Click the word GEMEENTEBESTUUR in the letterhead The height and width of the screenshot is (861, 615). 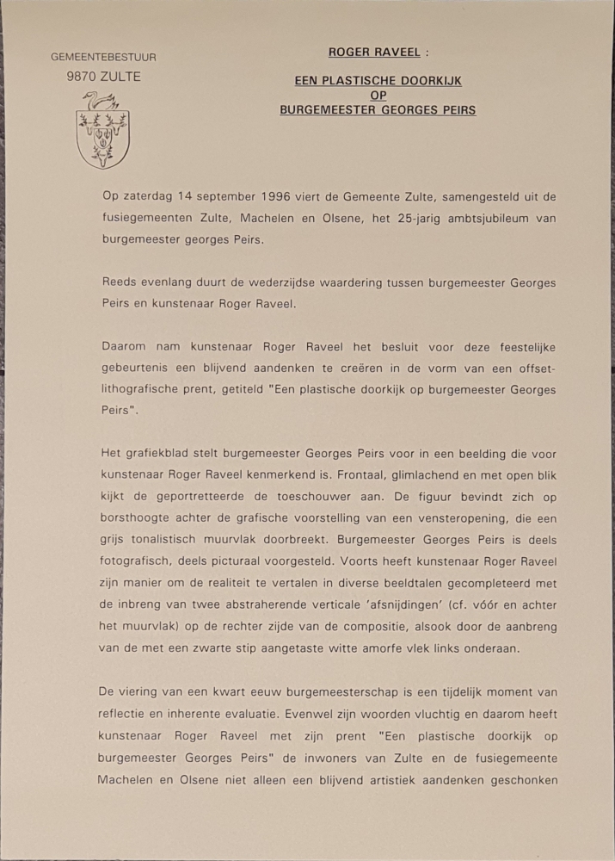coord(103,57)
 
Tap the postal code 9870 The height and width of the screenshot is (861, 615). coord(82,77)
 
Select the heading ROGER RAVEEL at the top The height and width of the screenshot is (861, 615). coord(375,53)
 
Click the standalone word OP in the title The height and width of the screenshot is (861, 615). coord(378,96)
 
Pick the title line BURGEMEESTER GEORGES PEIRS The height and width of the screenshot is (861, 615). coord(378,110)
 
